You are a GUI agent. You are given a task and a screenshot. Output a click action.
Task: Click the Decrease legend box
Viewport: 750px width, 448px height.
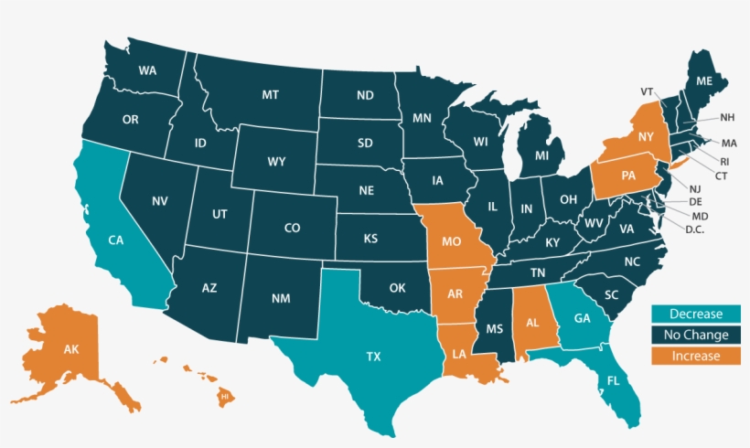pos(695,315)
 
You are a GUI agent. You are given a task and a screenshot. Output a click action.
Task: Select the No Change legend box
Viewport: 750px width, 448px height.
pos(695,336)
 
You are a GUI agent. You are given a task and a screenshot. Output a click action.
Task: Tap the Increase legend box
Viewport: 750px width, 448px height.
pos(695,357)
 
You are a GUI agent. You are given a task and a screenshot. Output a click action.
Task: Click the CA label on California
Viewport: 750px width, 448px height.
pos(116,240)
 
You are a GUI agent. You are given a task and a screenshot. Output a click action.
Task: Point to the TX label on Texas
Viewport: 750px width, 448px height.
pos(373,357)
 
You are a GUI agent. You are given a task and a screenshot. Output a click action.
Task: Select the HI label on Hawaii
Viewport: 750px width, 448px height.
pos(224,398)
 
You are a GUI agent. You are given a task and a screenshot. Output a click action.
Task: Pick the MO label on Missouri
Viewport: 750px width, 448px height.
pos(450,244)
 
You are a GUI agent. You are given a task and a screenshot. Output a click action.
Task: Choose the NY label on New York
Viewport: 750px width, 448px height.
pos(646,136)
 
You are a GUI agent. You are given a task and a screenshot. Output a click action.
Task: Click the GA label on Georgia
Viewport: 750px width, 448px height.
pos(582,318)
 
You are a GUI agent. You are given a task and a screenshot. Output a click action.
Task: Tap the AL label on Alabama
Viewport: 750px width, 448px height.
pos(532,323)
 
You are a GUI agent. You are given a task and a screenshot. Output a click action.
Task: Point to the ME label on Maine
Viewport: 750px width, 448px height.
pos(704,80)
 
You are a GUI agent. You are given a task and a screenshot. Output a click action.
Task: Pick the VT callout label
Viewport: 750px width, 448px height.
pos(648,91)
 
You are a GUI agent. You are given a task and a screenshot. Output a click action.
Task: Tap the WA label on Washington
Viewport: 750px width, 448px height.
pos(146,70)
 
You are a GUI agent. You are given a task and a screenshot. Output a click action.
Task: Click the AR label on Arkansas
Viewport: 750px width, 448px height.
pos(453,294)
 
